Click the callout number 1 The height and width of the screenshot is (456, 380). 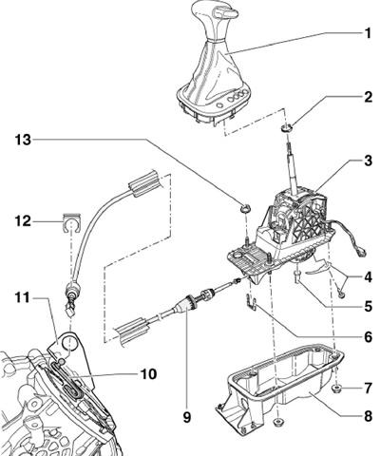point(368,33)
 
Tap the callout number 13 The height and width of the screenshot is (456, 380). point(23,140)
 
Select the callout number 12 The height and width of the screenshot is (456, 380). point(23,221)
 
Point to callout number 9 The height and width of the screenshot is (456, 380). point(187,417)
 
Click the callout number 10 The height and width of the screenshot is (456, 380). point(148,374)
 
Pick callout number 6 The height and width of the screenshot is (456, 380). point(368,337)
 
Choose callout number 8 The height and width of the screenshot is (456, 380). point(368,416)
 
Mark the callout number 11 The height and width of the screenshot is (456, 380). point(23,298)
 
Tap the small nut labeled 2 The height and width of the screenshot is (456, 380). point(287,128)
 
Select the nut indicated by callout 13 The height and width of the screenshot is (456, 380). point(245,209)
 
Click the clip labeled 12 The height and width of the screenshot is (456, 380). point(71,222)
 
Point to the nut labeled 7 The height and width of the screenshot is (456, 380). point(335,389)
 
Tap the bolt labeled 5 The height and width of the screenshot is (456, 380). point(297,276)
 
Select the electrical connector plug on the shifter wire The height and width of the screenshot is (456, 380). point(361,253)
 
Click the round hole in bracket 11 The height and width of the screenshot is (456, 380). point(69,344)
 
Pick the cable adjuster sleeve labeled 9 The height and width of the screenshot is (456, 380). point(186,304)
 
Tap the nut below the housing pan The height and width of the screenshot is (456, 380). point(278,422)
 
